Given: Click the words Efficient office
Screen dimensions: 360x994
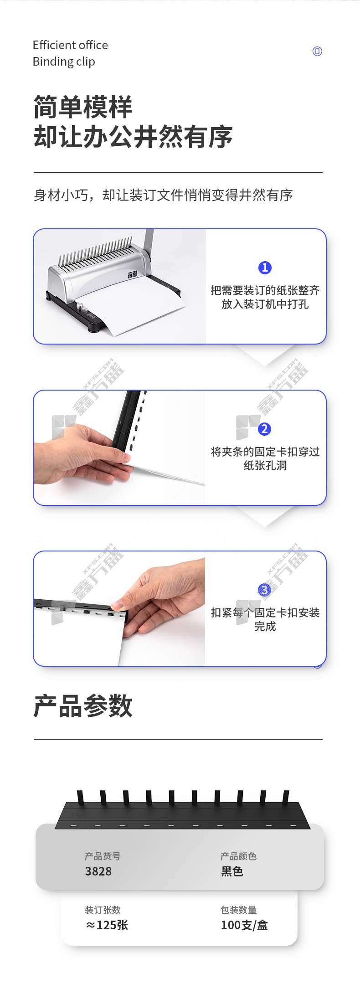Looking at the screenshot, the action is point(70,45).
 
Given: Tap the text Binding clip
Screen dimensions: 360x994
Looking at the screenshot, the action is point(64,62).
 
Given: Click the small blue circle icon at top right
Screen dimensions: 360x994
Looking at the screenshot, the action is point(317,51).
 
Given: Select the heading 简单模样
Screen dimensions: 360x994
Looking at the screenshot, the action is point(83,107).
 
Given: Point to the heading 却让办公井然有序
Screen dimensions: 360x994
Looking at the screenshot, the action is point(133,136).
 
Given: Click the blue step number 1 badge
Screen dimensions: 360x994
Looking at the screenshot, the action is point(265,268).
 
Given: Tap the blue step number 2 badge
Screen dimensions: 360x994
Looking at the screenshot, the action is point(264,429).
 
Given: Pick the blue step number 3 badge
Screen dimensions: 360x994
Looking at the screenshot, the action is point(264,590).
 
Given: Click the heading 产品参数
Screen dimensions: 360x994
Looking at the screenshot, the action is point(83,706).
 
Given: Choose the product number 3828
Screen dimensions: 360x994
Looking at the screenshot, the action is point(98,871).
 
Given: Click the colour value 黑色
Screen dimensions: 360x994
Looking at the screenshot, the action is point(232,871).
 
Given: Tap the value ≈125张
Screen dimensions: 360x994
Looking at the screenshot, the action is point(107,925).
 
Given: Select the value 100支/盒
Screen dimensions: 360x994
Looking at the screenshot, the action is point(244,925).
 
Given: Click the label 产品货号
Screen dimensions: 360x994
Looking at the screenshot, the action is point(103,856).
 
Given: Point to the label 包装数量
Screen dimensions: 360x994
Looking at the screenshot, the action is point(239,910).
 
